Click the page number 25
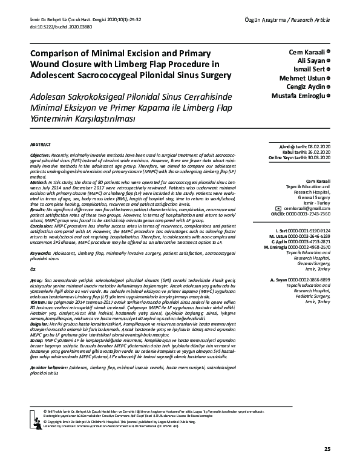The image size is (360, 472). tap(327, 449)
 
